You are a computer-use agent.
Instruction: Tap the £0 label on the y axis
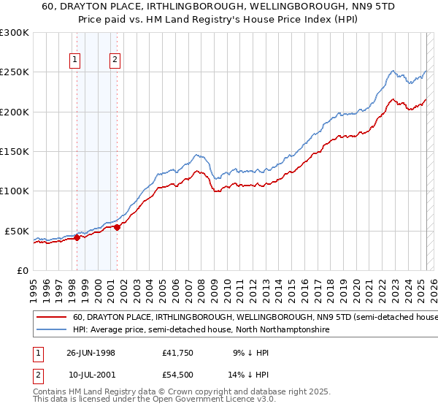pyautogui.click(x=23, y=270)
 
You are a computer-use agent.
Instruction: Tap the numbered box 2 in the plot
pyautogui.click(x=115, y=61)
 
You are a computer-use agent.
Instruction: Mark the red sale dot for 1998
pyautogui.click(x=77, y=237)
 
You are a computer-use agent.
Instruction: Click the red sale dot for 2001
pyautogui.click(x=116, y=227)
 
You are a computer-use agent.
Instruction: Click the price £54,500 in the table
pyautogui.click(x=179, y=374)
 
